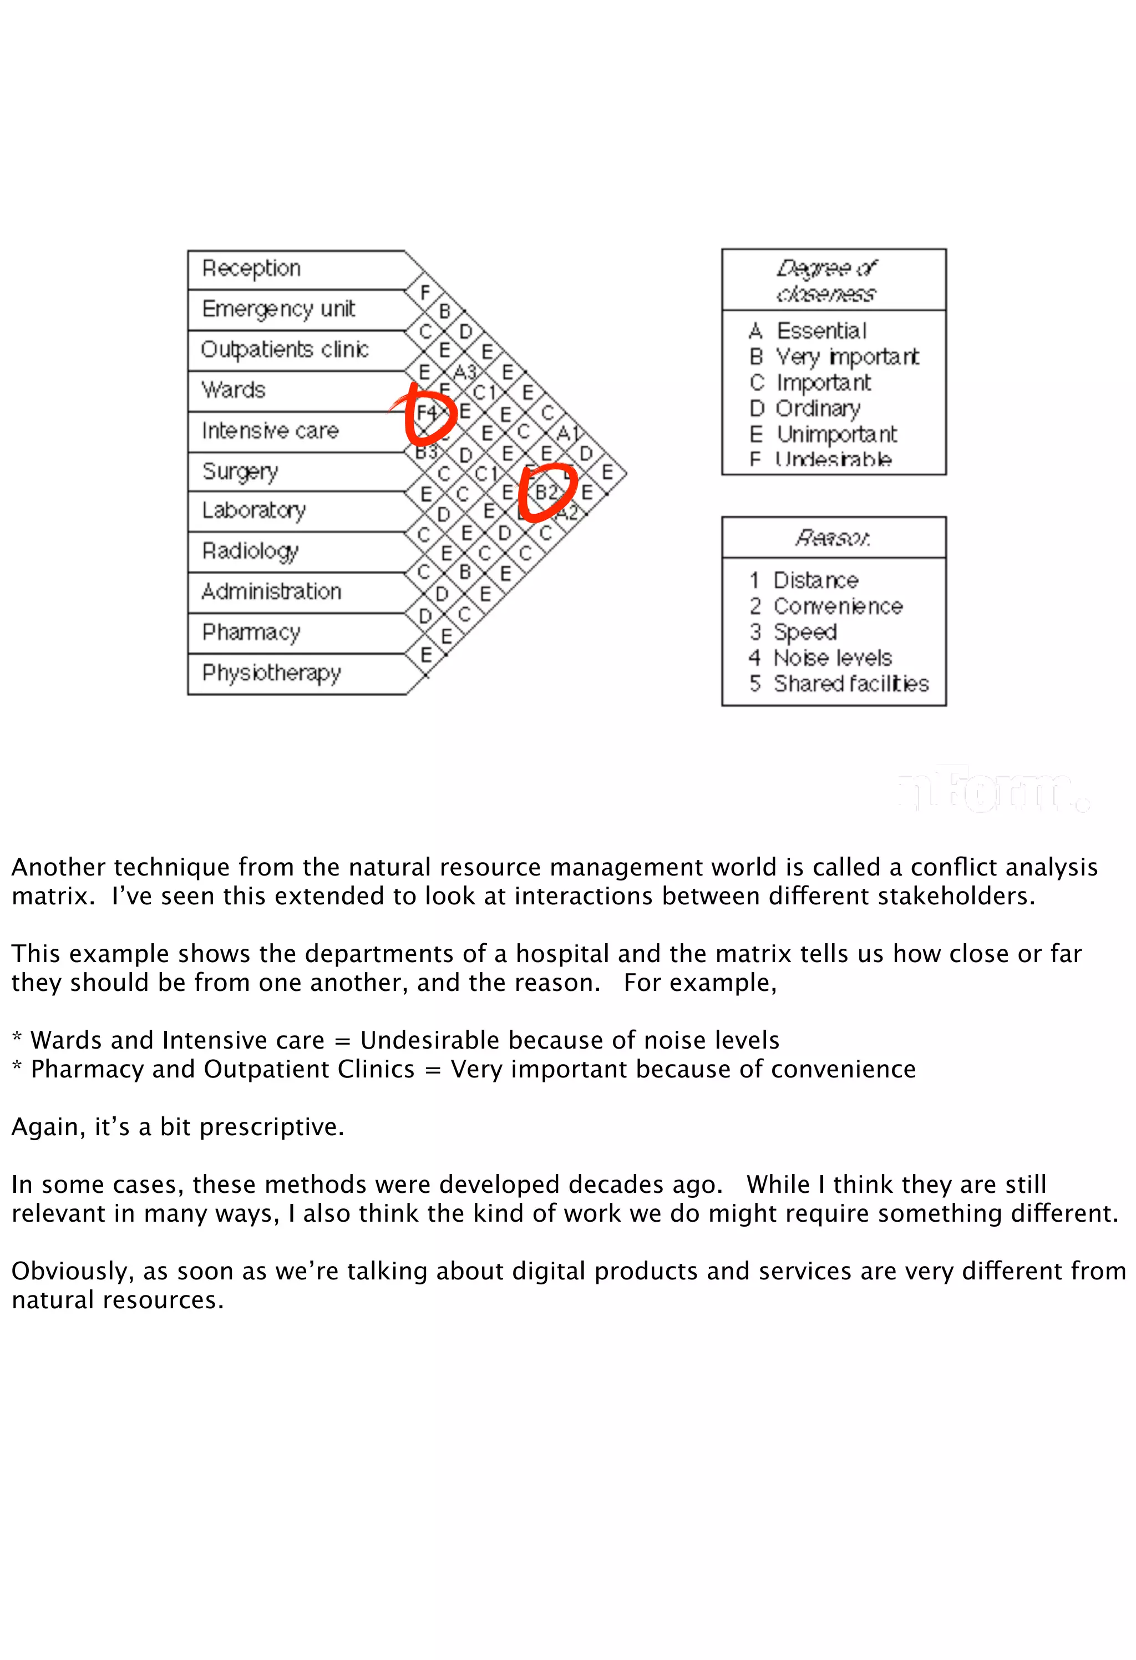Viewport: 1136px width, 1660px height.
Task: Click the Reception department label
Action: pos(251,269)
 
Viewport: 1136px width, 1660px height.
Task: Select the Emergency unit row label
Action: pos(278,308)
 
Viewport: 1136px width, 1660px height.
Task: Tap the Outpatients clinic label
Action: pos(284,350)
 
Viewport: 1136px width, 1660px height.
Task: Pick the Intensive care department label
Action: pos(270,431)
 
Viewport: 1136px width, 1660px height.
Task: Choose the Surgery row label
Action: pos(240,472)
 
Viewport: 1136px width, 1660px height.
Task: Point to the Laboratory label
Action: pos(253,510)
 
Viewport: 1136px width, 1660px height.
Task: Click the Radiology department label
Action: pos(250,551)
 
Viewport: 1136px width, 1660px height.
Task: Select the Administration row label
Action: pos(271,591)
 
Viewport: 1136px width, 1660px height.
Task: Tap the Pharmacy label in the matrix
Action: pos(251,632)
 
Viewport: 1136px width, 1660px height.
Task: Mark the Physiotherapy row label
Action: pos(271,673)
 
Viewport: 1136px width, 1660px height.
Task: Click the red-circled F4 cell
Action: pos(427,413)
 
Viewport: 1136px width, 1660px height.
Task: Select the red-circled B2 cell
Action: pos(546,492)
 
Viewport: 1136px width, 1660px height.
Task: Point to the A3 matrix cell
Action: pos(465,372)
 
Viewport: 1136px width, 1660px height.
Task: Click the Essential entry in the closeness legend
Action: pos(821,331)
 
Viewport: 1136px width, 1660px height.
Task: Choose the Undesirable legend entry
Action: pos(833,459)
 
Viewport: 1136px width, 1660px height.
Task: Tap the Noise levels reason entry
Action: pos(833,658)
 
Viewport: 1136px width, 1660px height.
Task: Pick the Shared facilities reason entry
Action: pos(850,684)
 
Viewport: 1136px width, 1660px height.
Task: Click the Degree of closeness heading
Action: pos(826,280)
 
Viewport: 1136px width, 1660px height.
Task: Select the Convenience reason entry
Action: pos(838,606)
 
